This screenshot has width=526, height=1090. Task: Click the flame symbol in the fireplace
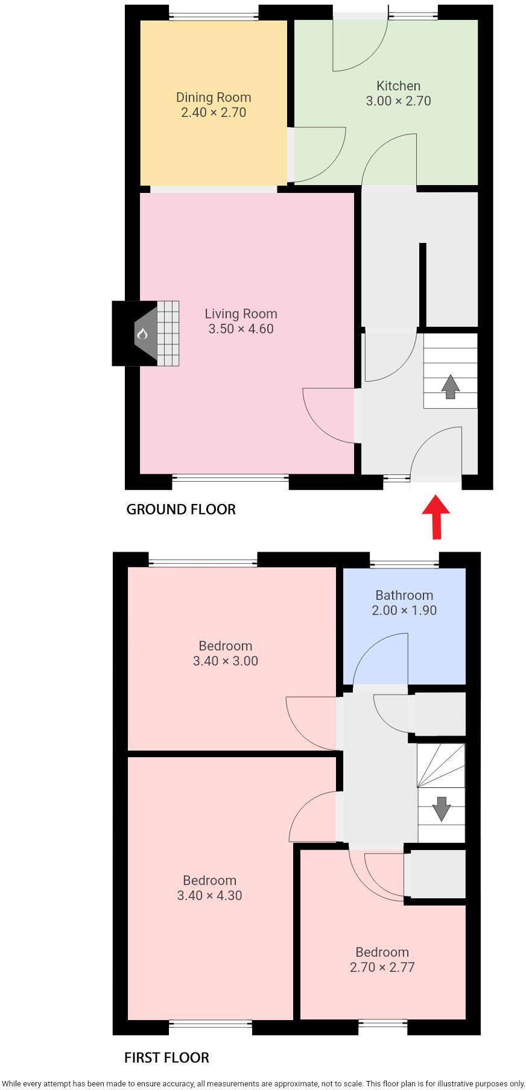(x=142, y=333)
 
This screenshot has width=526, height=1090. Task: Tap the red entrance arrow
(x=436, y=517)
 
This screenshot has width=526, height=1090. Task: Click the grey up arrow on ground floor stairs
(x=450, y=386)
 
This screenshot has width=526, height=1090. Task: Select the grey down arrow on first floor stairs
(x=442, y=808)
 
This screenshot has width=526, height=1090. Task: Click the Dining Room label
(x=214, y=97)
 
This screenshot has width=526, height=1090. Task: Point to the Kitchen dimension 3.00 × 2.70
(x=398, y=101)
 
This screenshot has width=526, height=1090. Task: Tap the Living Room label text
(x=241, y=313)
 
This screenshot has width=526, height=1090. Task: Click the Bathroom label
(x=404, y=595)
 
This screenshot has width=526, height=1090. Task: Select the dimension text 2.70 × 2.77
(x=382, y=967)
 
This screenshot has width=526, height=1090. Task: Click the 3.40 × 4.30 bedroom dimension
(x=209, y=895)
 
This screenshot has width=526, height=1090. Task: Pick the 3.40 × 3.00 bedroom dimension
(x=225, y=661)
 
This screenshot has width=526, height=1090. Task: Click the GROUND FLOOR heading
(x=181, y=509)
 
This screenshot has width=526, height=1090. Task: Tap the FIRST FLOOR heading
(x=166, y=1057)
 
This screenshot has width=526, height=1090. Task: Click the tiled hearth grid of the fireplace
(x=168, y=333)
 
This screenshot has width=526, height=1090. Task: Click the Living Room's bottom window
(x=230, y=478)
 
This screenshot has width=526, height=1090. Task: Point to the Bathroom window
(x=404, y=564)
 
